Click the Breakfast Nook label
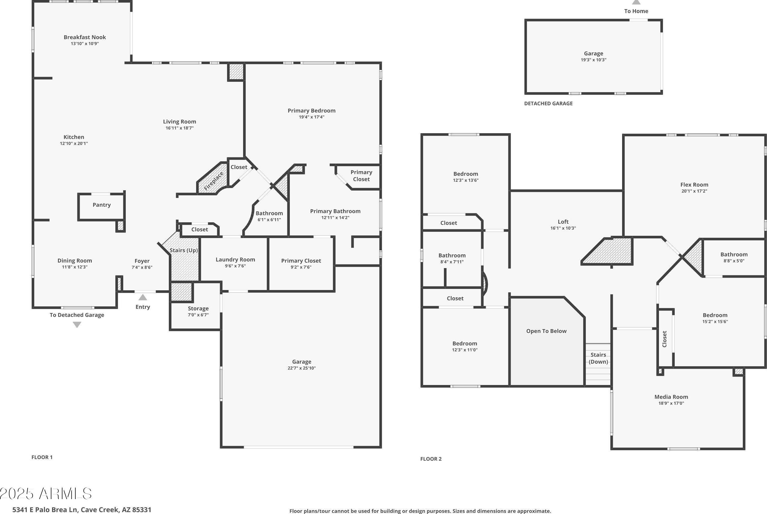click(x=85, y=37)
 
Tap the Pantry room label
click(x=101, y=205)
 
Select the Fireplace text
click(x=214, y=181)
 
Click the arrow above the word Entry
click(x=142, y=297)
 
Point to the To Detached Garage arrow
click(x=77, y=325)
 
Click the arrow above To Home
click(x=636, y=2)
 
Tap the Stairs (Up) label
click(x=183, y=250)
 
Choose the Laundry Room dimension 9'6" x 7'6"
click(x=235, y=266)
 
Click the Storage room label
click(x=198, y=309)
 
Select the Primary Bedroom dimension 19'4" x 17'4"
click(x=311, y=117)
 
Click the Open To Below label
click(x=546, y=331)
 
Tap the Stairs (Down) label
click(x=598, y=358)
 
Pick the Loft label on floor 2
click(x=563, y=222)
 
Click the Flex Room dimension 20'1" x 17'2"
click(x=694, y=191)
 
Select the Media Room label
click(x=671, y=397)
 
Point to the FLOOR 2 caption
click(x=431, y=459)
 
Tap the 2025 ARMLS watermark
click(x=46, y=494)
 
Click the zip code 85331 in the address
click(x=141, y=510)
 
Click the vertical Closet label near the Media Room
click(x=665, y=339)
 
